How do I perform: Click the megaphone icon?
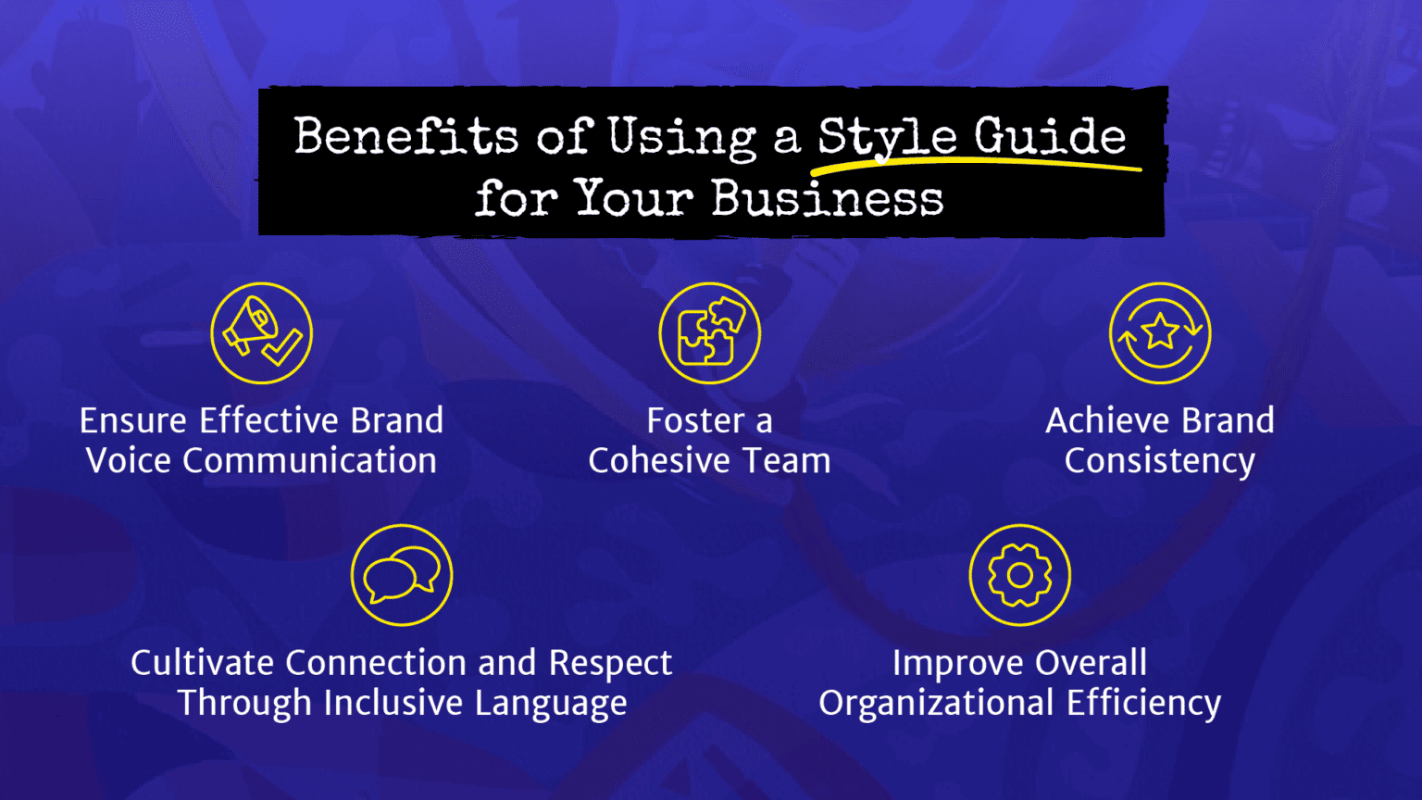point(261,333)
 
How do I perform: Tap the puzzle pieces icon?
point(709,333)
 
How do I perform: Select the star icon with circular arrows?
point(1160,333)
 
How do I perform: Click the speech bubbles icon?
point(402,575)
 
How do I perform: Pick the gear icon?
point(1019,575)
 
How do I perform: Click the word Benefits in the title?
point(405,137)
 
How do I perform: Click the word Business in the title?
point(827,198)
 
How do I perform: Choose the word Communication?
point(309,461)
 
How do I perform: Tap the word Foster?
point(694,421)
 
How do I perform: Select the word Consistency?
point(1159,461)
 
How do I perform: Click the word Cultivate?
point(203,663)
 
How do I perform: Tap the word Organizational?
point(936,704)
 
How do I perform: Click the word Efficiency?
point(1143,704)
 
